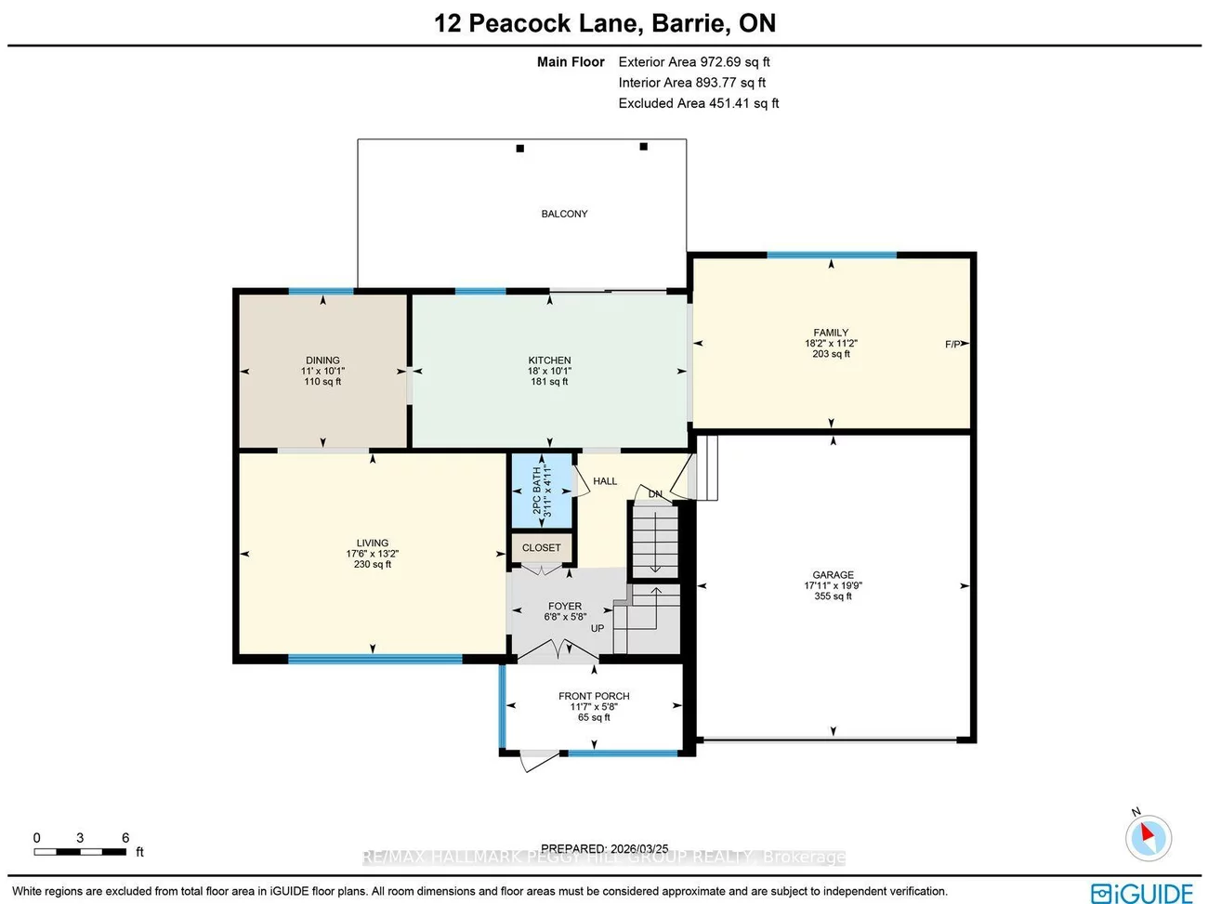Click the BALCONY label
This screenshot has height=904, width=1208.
pos(564,214)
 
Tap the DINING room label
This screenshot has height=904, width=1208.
pos(322,360)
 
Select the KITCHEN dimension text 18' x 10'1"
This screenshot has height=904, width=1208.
pos(549,372)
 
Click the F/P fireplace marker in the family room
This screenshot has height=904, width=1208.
pos(953,345)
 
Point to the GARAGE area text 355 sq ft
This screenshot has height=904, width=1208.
pos(833,596)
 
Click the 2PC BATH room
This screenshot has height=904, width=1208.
pos(541,491)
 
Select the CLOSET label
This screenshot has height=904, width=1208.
pos(541,548)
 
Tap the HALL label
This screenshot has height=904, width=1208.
pos(605,481)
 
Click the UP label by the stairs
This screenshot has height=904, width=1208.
pos(597,629)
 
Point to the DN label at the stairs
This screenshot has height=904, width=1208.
pos(655,494)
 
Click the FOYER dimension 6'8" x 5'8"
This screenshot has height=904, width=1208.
pos(565,617)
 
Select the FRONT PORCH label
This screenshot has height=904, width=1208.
pos(594,696)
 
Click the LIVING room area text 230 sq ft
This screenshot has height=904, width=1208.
pos(373,564)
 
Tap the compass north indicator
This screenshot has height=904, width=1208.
pos(1148,836)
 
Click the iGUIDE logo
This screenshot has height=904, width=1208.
pos(1142,893)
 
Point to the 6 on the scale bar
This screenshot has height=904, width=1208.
pos(125,838)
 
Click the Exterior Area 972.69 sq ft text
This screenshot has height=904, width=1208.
pos(694,62)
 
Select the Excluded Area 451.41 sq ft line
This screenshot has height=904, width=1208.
pos(699,103)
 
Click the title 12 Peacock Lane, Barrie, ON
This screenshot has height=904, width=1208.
pos(605,23)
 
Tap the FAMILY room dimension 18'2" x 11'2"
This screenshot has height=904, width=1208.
pos(831,344)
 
